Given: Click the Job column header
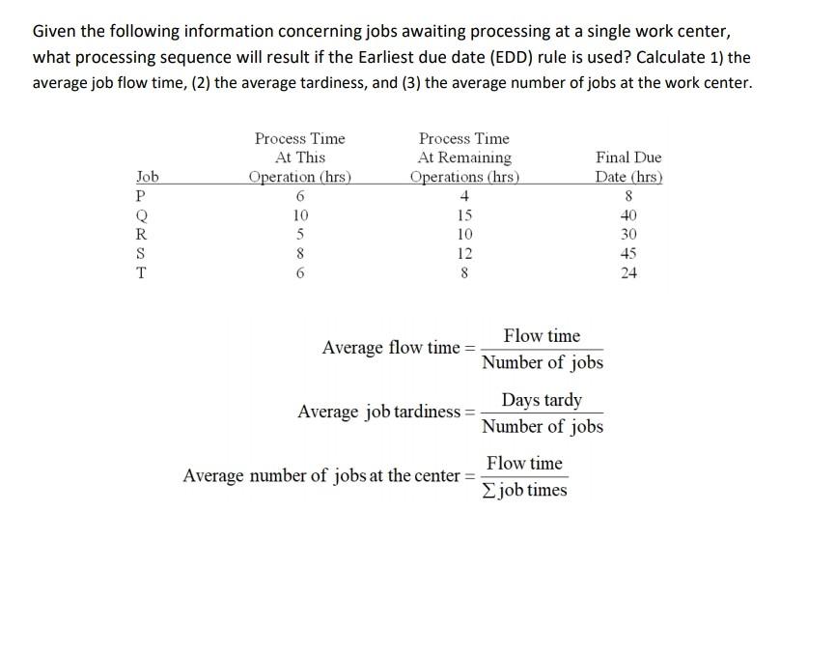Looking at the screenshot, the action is [x=147, y=177].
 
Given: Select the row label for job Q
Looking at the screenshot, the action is [x=142, y=215].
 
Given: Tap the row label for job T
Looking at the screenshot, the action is [x=142, y=272].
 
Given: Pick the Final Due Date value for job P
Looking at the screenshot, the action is [x=628, y=196].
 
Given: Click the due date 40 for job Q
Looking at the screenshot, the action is [x=628, y=215].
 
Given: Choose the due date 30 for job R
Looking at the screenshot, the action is [x=628, y=235].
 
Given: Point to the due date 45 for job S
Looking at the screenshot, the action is [x=628, y=254].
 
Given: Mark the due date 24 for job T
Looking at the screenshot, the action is [x=628, y=272].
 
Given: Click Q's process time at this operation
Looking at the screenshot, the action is [x=300, y=215].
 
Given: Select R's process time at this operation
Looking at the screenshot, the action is [x=300, y=235].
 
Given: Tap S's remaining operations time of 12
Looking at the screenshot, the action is [x=464, y=254].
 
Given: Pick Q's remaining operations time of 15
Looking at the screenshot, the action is [x=464, y=215].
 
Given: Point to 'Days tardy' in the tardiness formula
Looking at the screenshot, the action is [x=542, y=400].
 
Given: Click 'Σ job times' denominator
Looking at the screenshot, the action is [x=524, y=490].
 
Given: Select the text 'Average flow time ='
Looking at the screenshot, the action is [x=399, y=348].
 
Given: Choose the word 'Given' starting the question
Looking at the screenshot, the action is [x=55, y=32].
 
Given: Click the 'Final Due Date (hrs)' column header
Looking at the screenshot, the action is [x=628, y=166].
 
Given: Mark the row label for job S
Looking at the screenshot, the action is [x=142, y=254].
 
